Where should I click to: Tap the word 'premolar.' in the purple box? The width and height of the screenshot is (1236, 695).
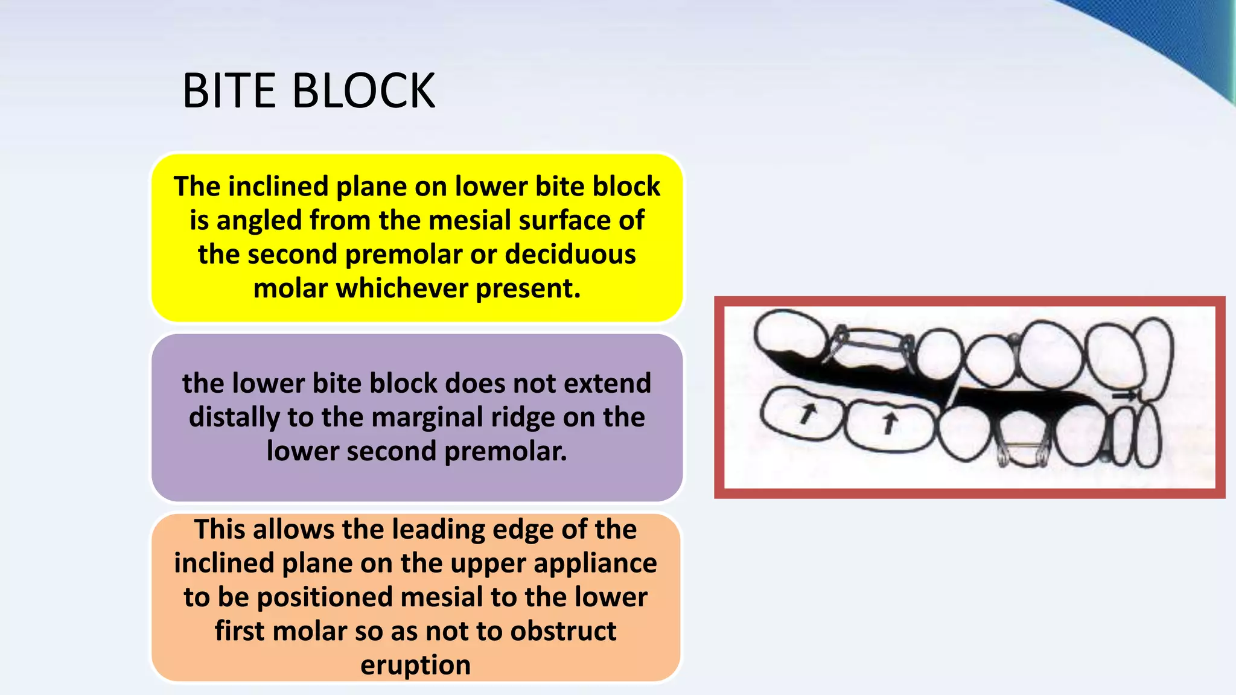click(506, 451)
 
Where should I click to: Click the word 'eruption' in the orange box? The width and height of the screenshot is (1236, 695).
click(415, 665)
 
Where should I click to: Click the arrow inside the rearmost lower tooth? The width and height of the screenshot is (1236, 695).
click(807, 413)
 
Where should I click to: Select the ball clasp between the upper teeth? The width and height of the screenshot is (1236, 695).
click(1015, 340)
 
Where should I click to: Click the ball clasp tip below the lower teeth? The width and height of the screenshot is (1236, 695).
click(1104, 457)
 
